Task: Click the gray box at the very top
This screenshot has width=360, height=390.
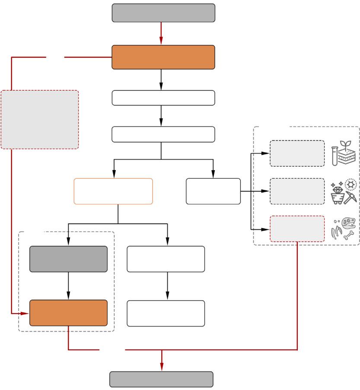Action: pyautogui.click(x=163, y=13)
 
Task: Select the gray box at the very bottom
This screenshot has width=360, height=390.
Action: pyautogui.click(x=161, y=379)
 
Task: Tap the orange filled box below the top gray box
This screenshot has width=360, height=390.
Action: pyautogui.click(x=163, y=57)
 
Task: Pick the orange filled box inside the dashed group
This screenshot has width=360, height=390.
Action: pyautogui.click(x=68, y=313)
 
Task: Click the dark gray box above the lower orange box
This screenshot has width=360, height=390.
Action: pyautogui.click(x=68, y=259)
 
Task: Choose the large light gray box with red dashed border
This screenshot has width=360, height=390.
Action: pyautogui.click(x=40, y=120)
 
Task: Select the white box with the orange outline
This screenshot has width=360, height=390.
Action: pyautogui.click(x=113, y=191)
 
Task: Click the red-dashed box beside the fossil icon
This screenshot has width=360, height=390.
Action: pyautogui.click(x=297, y=229)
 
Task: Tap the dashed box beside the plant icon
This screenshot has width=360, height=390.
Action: pyautogui.click(x=297, y=153)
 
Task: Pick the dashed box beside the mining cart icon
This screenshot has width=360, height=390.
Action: pyautogui.click(x=297, y=191)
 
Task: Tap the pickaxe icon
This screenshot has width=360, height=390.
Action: pyautogui.click(x=351, y=197)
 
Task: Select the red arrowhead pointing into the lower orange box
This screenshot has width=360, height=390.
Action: pyautogui.click(x=25, y=313)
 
